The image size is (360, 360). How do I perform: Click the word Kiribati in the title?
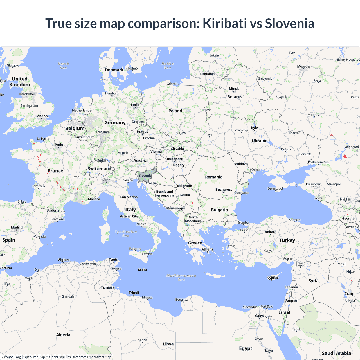224,24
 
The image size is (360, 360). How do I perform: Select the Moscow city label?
303,66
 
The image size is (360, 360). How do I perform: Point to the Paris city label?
59,145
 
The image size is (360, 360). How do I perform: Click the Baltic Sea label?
168,66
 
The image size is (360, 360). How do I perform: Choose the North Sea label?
63,66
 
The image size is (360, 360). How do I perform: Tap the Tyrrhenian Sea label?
126,234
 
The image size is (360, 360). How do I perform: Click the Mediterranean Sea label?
181,278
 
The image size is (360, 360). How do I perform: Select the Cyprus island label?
273,278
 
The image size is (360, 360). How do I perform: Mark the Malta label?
142,270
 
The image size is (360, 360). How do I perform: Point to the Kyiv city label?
255,128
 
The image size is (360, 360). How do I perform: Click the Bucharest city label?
224,190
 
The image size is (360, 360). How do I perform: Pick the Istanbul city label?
244,222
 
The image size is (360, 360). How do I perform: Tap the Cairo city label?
259,316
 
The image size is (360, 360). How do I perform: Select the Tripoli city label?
134,292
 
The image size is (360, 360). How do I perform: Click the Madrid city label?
17,227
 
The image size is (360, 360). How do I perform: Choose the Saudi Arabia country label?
336,353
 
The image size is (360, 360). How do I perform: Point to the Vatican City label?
129,216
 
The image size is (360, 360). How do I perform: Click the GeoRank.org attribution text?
11,357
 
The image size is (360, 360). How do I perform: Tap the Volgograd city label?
352,147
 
